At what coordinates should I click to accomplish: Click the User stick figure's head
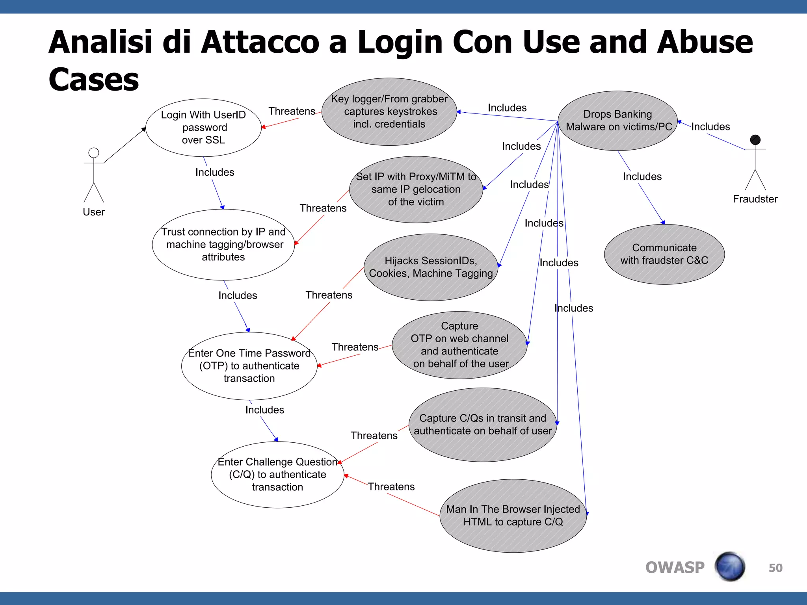94,153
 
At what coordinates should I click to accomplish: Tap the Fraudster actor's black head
755,140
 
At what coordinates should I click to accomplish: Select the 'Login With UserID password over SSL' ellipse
203,127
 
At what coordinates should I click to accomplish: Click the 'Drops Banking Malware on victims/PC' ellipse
618,121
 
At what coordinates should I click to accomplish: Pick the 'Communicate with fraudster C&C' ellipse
664,254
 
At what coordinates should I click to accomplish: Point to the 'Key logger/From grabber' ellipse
389,111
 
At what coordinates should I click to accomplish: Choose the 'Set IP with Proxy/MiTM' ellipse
416,189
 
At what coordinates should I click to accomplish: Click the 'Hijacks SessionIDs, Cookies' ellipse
431,267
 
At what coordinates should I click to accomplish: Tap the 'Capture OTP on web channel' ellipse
459,345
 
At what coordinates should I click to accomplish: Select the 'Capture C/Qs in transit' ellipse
483,425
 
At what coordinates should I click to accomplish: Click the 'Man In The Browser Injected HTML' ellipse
513,516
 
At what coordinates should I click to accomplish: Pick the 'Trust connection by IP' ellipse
223,245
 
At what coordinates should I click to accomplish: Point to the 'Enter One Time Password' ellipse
249,366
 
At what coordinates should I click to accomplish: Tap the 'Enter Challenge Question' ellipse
277,475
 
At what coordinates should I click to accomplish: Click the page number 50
775,568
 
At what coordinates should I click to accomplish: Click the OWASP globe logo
730,567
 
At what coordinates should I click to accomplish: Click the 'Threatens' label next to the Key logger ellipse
292,111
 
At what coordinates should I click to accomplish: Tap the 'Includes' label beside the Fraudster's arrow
710,126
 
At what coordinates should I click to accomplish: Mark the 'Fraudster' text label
755,199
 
